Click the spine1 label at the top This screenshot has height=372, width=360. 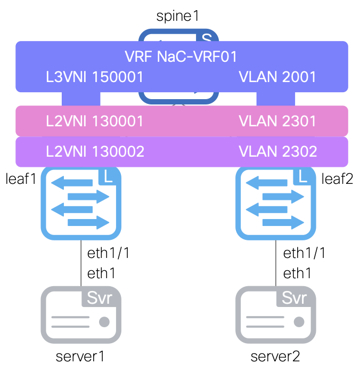pos(177,16)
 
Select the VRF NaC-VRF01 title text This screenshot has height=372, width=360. pos(181,56)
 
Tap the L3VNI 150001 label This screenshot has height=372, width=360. pos(95,77)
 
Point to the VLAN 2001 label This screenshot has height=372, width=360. pos(277,77)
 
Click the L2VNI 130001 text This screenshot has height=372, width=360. pos(95,122)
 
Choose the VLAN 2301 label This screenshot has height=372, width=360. pos(277,122)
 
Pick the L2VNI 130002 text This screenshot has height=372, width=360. pos(95,152)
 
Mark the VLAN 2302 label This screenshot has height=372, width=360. pos(278,152)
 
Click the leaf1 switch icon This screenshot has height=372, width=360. pos(81,202)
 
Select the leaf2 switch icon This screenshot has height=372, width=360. pos(275,202)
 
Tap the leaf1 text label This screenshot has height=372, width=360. pos(20,179)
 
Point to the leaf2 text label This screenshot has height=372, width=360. pos(337,179)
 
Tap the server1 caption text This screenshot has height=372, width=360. pos(81,356)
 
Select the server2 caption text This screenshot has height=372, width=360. pos(275,356)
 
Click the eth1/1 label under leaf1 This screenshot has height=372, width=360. pos(109,253)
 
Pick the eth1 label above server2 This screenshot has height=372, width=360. pos(297,274)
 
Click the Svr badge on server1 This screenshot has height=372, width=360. pos(100,297)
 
